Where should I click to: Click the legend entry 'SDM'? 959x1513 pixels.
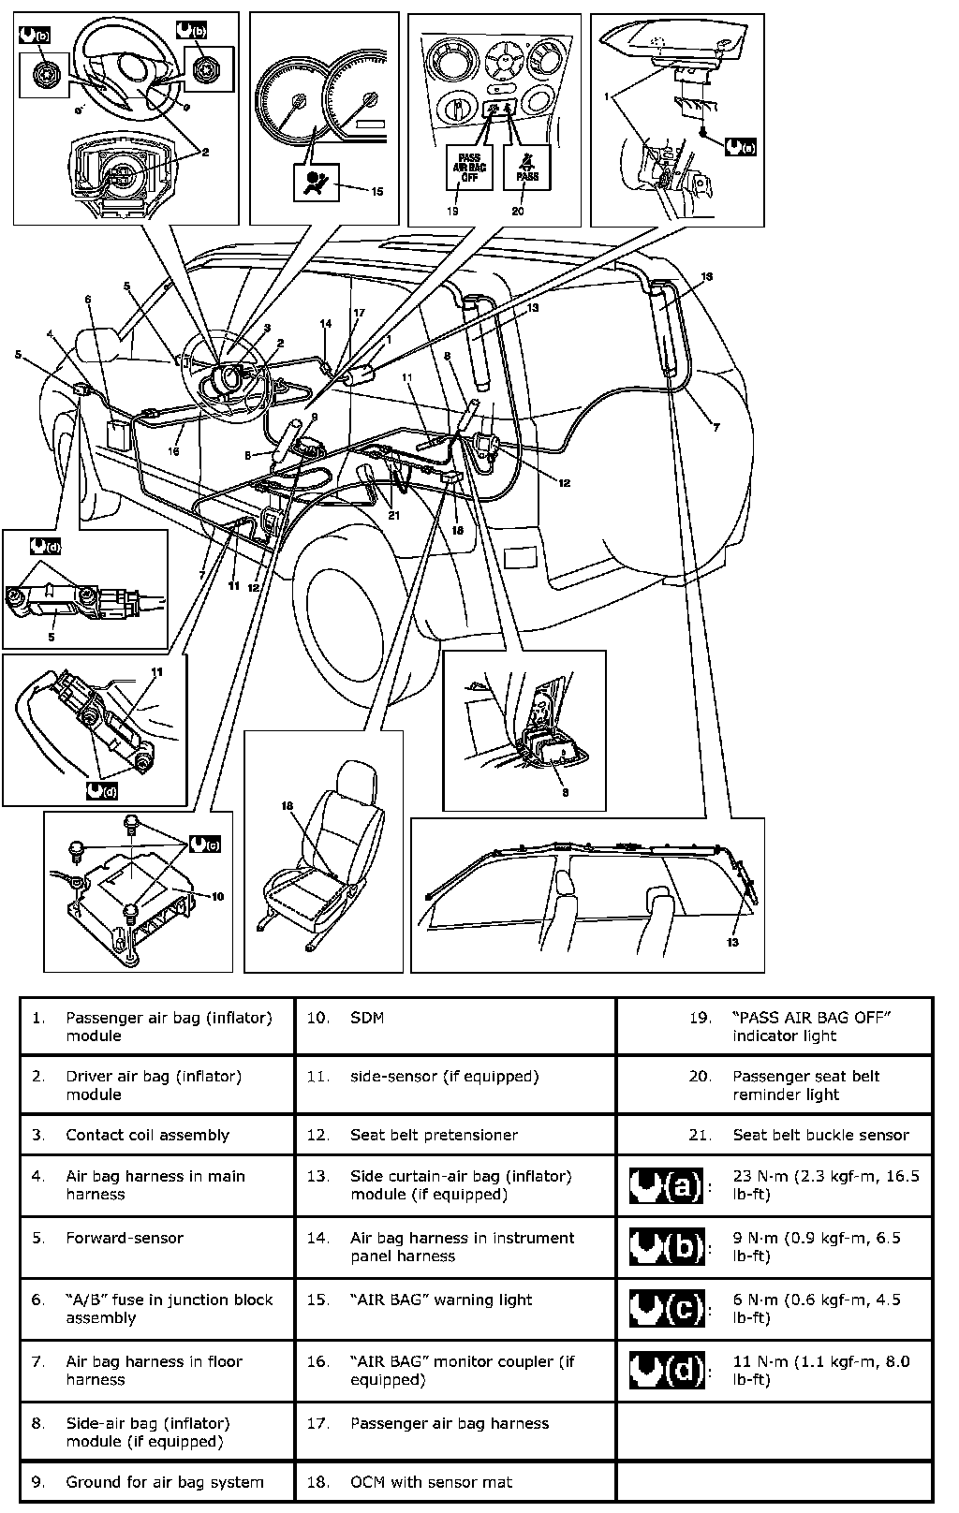click(367, 1018)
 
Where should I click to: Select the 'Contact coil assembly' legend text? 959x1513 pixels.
click(147, 1135)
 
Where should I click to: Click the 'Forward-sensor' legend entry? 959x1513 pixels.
click(125, 1238)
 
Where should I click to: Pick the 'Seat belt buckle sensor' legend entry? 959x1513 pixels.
click(820, 1135)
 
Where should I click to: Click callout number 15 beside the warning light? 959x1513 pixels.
click(376, 192)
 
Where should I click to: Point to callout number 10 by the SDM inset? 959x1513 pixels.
click(217, 896)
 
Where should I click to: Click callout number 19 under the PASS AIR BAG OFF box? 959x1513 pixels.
click(454, 211)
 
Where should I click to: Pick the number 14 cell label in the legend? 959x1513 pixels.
click(317, 1238)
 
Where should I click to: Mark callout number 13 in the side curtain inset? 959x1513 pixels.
click(732, 942)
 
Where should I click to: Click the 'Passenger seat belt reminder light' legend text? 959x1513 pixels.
click(805, 1085)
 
